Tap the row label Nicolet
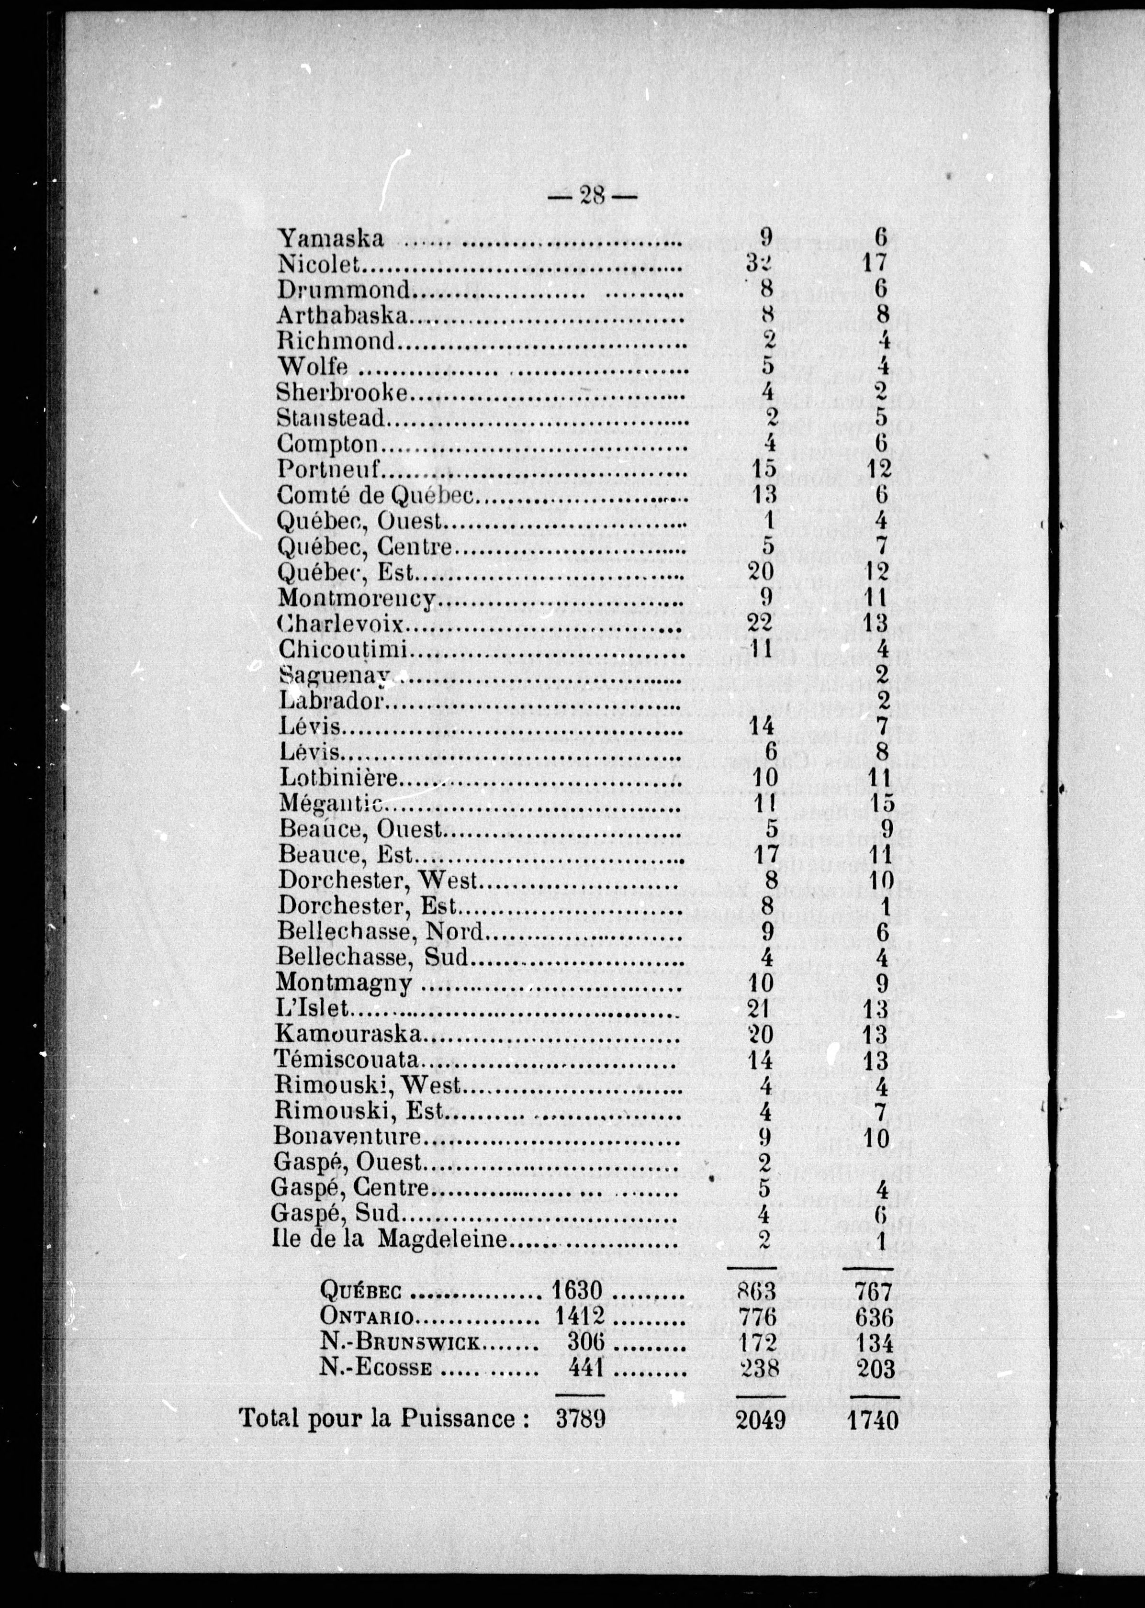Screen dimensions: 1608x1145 [x=320, y=264]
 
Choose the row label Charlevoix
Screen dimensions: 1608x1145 [x=341, y=624]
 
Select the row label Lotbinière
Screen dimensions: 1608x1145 [x=339, y=778]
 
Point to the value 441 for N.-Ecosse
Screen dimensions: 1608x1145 [x=586, y=1368]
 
